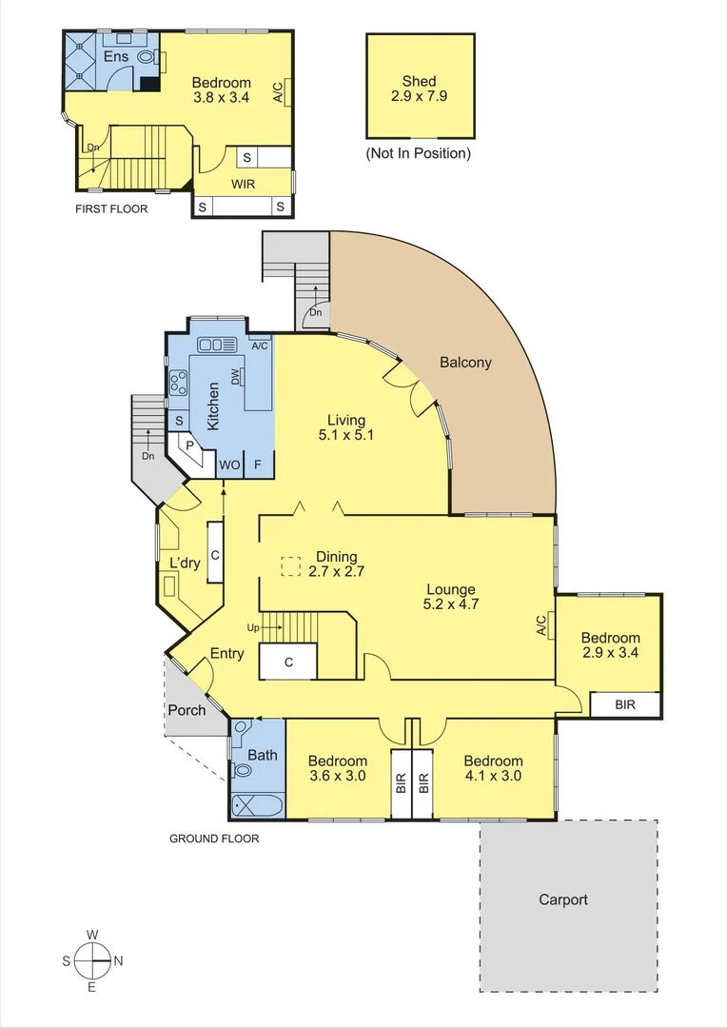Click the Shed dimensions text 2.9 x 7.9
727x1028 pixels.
coord(419,96)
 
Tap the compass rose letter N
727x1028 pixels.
coord(118,960)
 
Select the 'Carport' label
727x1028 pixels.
coord(563,899)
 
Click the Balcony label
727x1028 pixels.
coord(465,363)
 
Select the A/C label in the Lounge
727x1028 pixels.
coord(540,625)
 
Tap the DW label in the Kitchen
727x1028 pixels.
coord(234,379)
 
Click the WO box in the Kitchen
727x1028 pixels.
coord(229,465)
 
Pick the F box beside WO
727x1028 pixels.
coord(258,465)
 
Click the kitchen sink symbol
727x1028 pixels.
coord(217,345)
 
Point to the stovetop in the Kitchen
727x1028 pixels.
coord(178,384)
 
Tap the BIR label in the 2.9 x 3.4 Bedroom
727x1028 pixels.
coord(624,704)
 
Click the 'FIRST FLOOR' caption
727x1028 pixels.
coord(111,208)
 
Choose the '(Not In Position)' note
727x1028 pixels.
coord(419,153)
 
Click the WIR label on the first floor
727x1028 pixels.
coord(244,184)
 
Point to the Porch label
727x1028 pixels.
coord(187,710)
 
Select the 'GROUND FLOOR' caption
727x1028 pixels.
coord(214,839)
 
